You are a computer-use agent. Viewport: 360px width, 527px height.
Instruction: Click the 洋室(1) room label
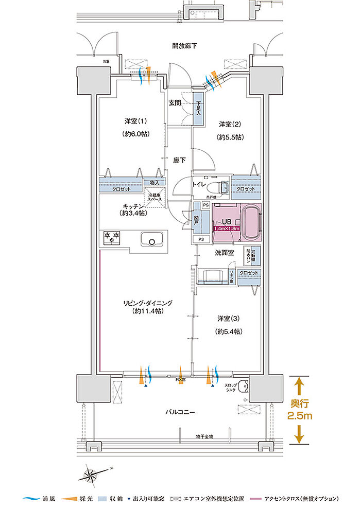[135, 121]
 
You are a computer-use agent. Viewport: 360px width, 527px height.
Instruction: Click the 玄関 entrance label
[175, 103]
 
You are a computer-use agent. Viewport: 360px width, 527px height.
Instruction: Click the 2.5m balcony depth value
[299, 416]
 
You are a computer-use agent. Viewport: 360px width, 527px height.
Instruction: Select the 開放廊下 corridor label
[184, 46]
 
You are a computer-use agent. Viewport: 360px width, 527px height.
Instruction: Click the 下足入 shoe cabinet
[198, 107]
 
